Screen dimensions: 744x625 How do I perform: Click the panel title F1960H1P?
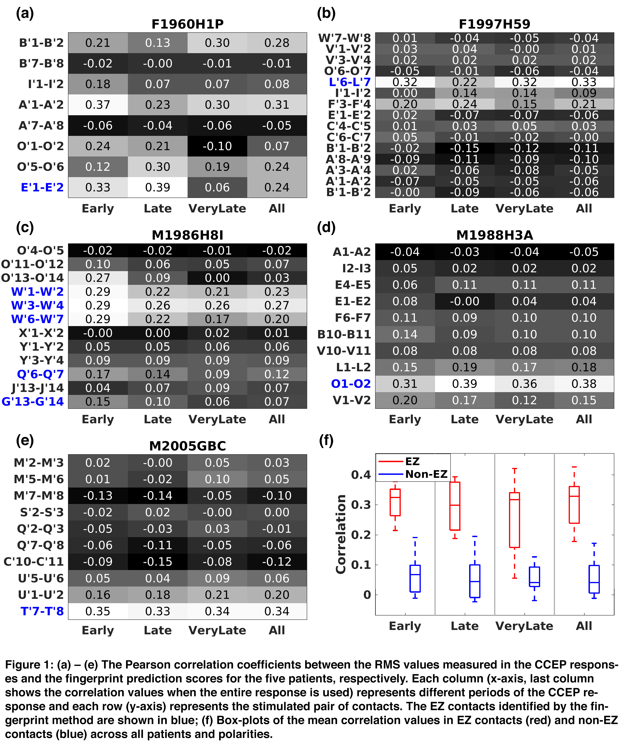click(187, 24)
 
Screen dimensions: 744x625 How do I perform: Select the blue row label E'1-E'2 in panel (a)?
click(42, 187)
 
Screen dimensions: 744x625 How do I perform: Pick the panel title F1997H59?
click(494, 24)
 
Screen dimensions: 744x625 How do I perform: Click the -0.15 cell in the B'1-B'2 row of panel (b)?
click(465, 148)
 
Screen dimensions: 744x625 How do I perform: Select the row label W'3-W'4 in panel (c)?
click(37, 305)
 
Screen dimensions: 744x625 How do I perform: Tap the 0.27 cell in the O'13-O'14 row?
click(98, 278)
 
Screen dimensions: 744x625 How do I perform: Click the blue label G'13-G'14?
click(33, 402)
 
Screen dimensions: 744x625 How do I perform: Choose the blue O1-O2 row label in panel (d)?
click(351, 384)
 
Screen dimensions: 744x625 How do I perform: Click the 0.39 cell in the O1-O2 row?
click(465, 384)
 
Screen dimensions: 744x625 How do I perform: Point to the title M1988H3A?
click(494, 235)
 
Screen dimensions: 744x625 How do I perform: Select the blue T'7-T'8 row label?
click(42, 611)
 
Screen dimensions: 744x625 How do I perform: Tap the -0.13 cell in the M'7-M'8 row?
click(98, 495)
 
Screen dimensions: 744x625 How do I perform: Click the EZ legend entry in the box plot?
click(412, 462)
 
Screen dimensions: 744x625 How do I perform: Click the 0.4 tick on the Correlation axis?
click(361, 475)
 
